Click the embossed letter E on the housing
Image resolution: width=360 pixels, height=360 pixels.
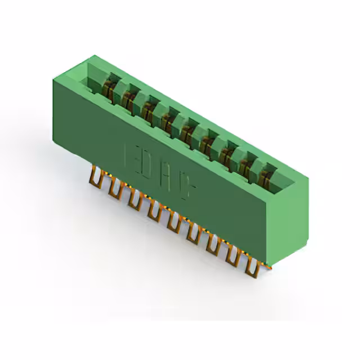click(x=129, y=154)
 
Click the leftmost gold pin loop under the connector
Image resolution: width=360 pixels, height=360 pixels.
click(x=96, y=179)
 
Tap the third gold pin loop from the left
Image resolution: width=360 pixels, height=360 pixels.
click(x=134, y=200)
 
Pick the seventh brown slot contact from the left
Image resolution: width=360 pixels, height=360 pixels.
click(x=228, y=149)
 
